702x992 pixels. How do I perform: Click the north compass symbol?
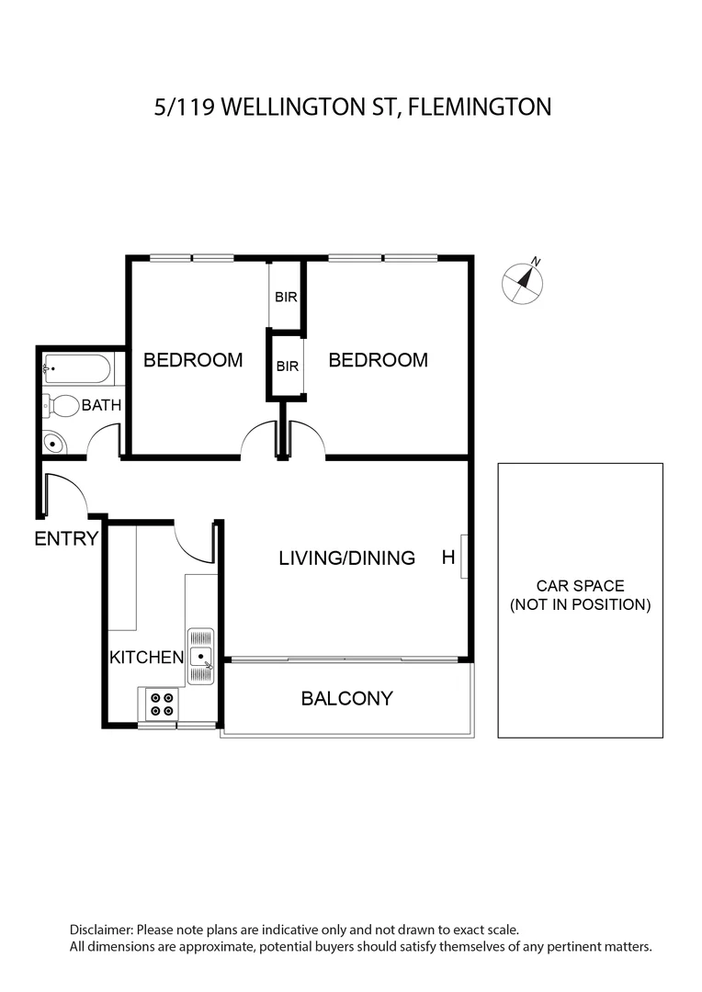523,282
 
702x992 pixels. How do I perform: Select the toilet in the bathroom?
60,406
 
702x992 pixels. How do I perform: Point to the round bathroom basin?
54,443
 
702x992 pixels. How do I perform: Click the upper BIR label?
286,297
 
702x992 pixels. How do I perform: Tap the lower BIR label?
288,366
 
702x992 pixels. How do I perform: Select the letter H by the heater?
448,557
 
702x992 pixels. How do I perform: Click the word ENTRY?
66,538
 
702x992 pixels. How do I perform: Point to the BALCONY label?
347,698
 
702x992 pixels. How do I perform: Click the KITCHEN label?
146,658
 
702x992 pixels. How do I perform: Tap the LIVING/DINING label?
347,558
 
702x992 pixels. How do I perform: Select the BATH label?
101,405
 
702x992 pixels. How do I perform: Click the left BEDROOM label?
193,360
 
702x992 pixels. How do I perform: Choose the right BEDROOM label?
378,360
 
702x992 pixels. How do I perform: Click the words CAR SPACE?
581,586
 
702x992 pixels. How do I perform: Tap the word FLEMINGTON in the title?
480,107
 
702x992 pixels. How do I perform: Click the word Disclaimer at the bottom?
101,930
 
